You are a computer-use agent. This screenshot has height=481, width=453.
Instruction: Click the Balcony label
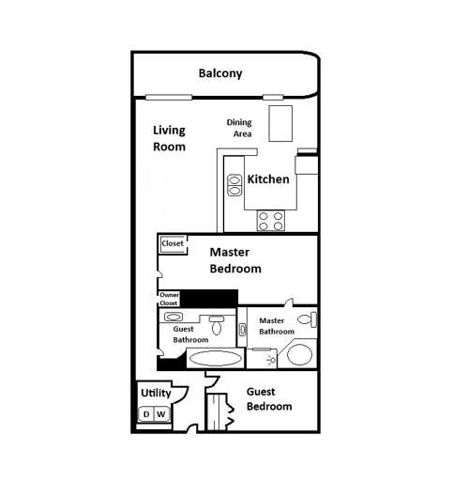pos(220,73)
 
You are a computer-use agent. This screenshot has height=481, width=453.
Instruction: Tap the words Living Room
pos(169,138)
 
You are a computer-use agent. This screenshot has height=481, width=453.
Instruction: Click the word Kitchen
pos(268,178)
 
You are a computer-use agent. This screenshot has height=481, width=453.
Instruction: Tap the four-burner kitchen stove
pos(271,221)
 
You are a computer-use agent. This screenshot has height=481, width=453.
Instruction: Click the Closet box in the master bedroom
pos(173,244)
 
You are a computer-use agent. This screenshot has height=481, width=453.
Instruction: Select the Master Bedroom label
pos(234,259)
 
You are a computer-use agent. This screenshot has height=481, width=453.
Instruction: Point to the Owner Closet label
pos(169,299)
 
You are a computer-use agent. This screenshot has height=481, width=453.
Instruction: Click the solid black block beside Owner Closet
pos(208,298)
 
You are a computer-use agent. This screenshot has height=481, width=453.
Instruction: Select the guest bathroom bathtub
pos(214,357)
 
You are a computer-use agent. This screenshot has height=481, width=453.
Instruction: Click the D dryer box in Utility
pos(145,414)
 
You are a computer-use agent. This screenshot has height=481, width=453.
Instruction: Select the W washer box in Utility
pos(160,414)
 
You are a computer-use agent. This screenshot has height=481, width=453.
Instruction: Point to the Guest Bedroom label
pos(268,399)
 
